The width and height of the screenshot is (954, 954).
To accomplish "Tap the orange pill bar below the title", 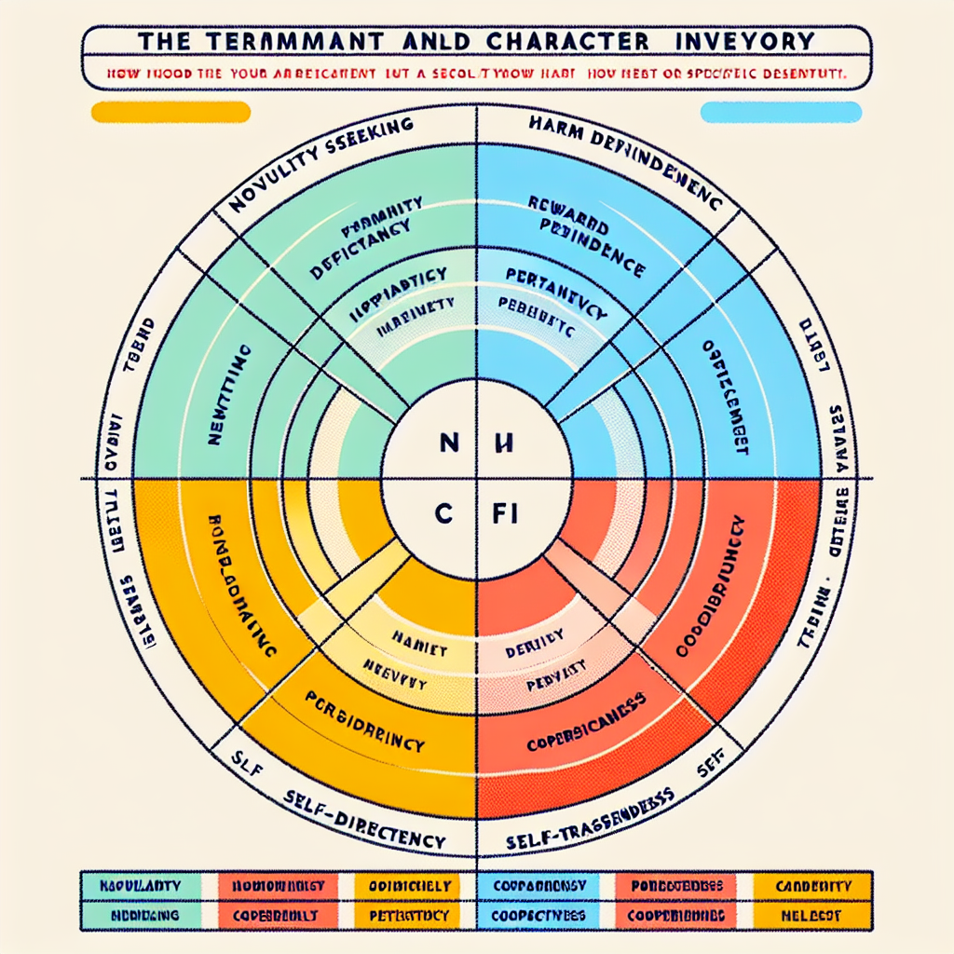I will (170, 113).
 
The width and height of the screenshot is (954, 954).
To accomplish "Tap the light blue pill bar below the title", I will (780, 113).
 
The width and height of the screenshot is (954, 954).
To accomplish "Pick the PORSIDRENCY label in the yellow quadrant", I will (365, 722).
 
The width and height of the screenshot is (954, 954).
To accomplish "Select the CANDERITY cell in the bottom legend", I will (813, 884).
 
